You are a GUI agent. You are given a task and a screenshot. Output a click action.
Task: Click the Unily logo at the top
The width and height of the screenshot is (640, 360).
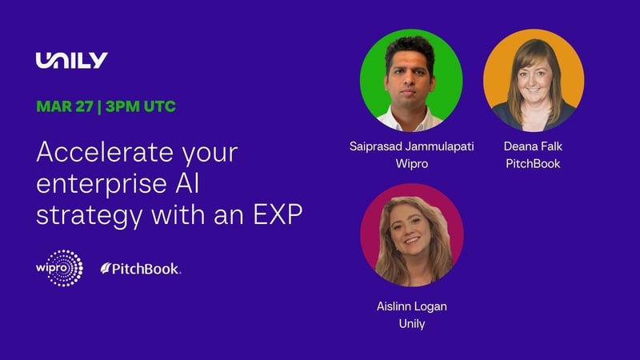pyautogui.click(x=71, y=60)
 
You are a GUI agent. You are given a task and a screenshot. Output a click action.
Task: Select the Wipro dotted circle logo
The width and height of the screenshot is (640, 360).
pyautogui.click(x=59, y=268)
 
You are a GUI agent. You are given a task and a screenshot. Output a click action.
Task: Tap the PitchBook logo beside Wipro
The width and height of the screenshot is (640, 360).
pyautogui.click(x=140, y=269)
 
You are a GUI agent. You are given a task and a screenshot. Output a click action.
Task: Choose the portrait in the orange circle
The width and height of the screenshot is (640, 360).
pyautogui.click(x=534, y=80)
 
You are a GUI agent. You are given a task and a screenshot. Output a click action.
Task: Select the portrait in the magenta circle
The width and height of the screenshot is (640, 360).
pyautogui.click(x=412, y=234)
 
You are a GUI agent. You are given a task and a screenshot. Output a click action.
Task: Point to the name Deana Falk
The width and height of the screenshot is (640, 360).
pyautogui.click(x=534, y=147)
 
